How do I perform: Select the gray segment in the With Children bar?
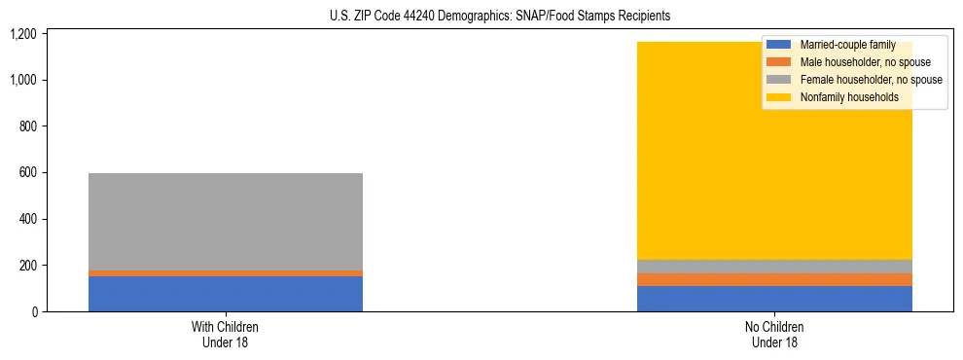226,222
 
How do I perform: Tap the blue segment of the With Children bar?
226,294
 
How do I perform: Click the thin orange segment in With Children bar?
226,273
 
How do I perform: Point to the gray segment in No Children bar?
774,267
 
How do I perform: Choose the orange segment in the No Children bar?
774,280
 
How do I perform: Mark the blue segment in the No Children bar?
774,299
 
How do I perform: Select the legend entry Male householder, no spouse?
852,62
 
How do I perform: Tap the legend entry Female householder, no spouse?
856,80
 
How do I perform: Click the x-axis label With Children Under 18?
226,334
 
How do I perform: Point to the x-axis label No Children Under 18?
774,334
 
